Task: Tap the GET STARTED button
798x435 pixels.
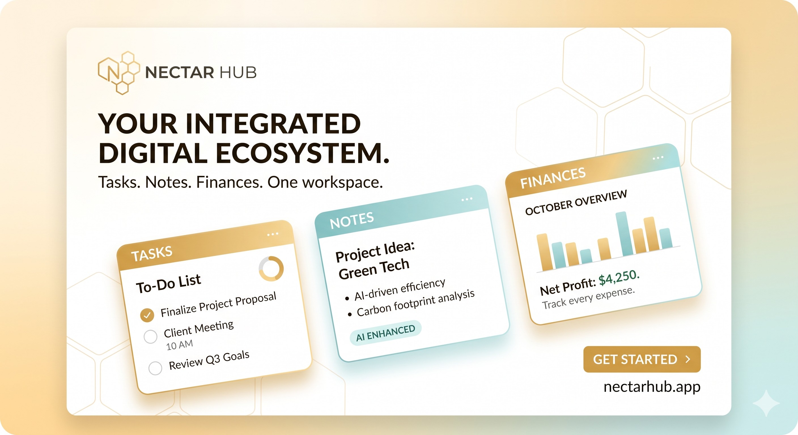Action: (642, 359)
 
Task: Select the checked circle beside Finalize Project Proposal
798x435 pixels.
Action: (147, 315)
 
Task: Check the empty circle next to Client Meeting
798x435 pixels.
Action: (150, 336)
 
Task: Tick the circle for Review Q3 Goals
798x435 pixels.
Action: (155, 368)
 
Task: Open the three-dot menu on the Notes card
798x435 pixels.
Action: (467, 199)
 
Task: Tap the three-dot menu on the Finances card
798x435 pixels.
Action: (658, 158)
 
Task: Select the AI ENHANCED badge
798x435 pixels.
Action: (385, 333)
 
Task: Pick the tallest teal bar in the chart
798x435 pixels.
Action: (624, 234)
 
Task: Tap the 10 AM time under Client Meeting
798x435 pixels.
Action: (179, 345)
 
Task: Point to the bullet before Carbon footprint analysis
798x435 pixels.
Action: (350, 315)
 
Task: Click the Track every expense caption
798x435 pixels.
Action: (588, 298)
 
